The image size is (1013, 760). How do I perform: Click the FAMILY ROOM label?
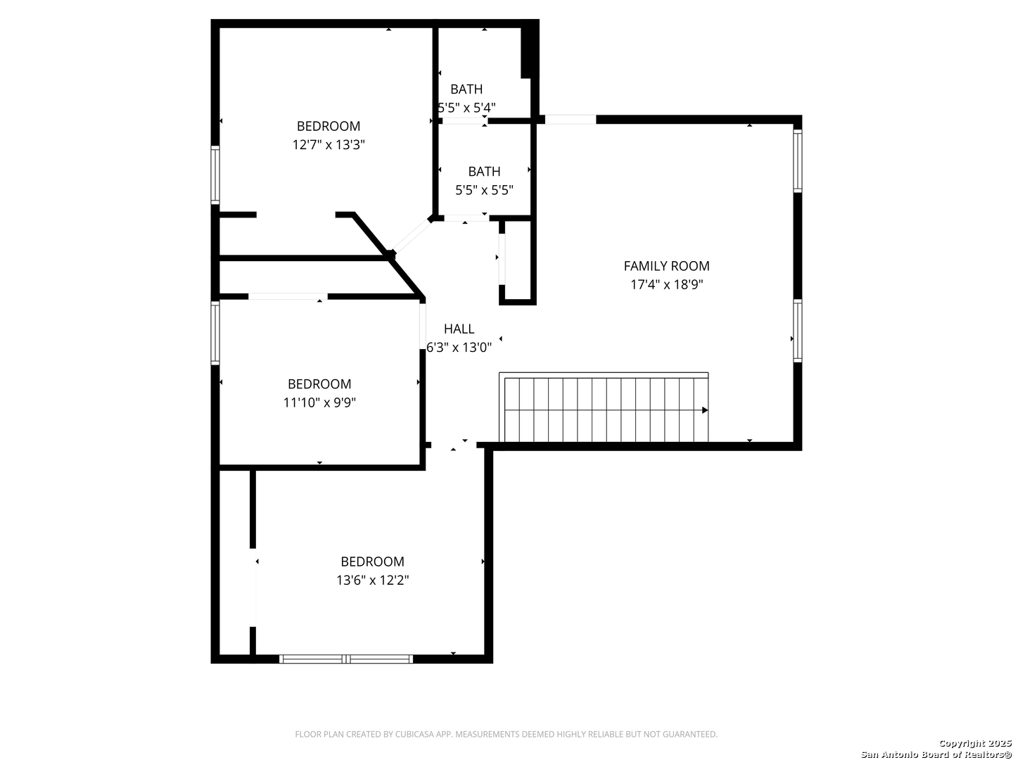click(x=666, y=266)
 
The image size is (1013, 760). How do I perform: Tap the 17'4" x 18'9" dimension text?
click(x=666, y=284)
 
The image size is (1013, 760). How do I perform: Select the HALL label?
click(x=459, y=329)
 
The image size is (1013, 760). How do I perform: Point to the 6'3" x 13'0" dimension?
click(x=459, y=347)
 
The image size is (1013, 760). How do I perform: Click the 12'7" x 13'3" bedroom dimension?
click(x=328, y=145)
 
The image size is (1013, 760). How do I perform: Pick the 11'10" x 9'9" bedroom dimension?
click(x=319, y=403)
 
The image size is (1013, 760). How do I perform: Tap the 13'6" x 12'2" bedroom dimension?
click(x=372, y=580)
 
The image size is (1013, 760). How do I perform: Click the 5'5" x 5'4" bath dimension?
click(x=466, y=108)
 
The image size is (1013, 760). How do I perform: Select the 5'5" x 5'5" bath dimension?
click(x=484, y=190)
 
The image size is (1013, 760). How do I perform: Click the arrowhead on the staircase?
click(x=705, y=410)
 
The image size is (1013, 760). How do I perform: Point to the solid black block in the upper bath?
click(x=529, y=49)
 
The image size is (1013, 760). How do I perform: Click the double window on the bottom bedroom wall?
click(x=346, y=659)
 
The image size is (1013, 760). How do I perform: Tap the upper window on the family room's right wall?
click(x=798, y=160)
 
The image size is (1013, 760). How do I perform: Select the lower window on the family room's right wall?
click(x=798, y=331)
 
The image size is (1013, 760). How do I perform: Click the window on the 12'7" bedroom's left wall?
click(x=215, y=175)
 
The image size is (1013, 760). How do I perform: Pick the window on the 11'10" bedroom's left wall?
click(x=215, y=333)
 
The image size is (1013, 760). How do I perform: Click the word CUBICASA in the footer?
click(x=414, y=734)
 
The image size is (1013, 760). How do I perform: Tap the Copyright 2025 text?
click(x=975, y=743)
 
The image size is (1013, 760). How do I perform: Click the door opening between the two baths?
click(x=464, y=121)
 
